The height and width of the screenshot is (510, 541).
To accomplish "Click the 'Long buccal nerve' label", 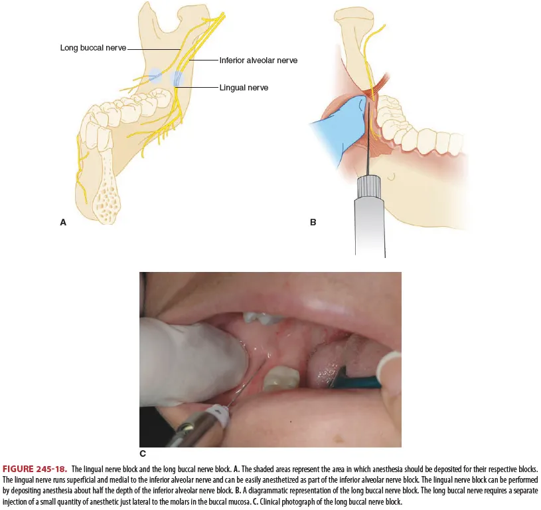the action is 93,48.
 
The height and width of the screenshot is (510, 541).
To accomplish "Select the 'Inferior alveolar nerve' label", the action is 258,60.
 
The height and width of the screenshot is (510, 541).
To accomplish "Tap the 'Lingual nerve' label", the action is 244,87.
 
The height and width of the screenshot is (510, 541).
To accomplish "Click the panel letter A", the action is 63,223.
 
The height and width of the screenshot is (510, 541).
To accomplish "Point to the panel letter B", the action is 313,223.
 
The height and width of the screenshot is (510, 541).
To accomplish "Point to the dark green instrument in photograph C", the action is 362,382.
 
